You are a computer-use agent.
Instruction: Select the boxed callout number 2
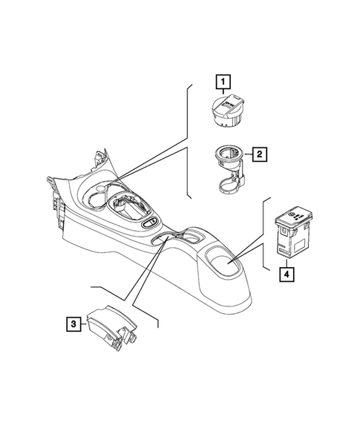(261, 154)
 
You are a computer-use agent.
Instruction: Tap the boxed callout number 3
(72, 323)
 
